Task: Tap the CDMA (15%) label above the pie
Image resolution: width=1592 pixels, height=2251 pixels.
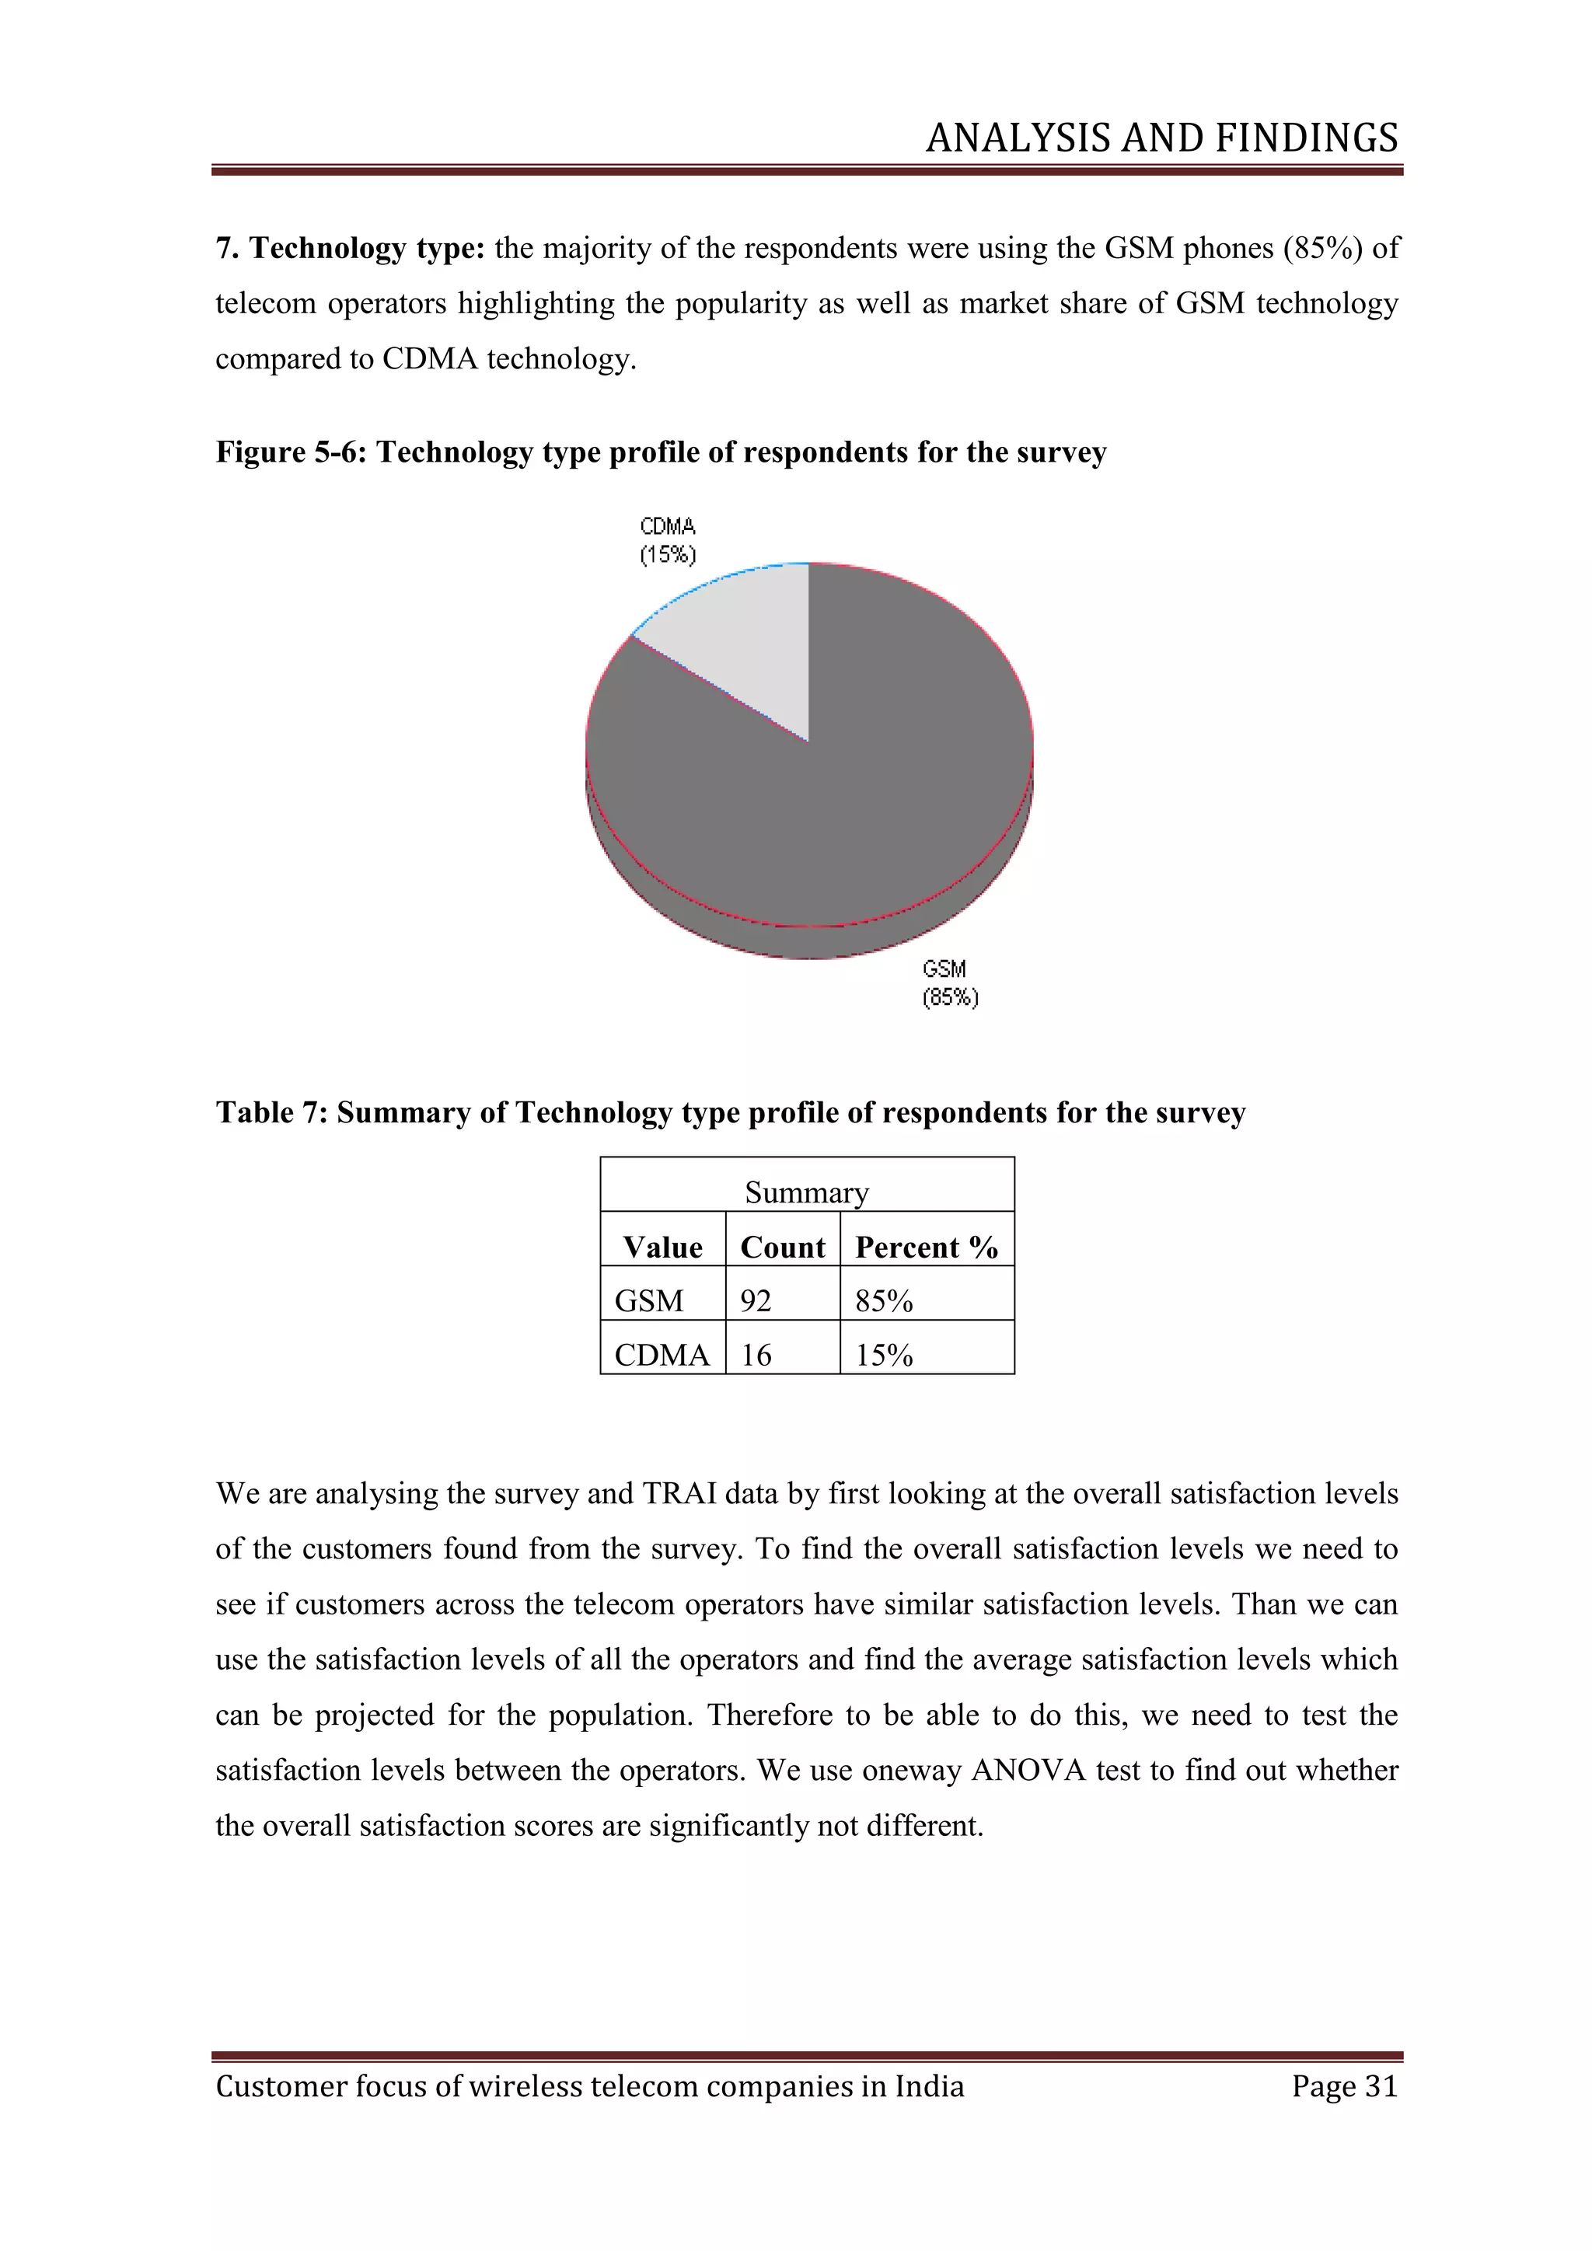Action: (668, 540)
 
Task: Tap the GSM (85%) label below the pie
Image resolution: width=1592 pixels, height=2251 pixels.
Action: (950, 983)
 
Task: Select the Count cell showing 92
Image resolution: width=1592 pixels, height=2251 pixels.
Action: (756, 1301)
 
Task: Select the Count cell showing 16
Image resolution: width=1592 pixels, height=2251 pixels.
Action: (756, 1355)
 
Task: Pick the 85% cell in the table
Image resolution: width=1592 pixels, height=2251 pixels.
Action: (884, 1301)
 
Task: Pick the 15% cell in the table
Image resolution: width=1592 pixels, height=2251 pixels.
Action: (884, 1355)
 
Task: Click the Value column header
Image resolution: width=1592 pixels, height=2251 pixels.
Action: (662, 1247)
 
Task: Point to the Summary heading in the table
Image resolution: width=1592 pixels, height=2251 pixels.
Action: (807, 1192)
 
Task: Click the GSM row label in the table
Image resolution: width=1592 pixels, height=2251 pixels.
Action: (649, 1301)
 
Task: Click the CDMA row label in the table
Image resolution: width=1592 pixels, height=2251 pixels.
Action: (662, 1355)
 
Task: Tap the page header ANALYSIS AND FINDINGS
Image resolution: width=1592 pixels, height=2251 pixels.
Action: (1161, 138)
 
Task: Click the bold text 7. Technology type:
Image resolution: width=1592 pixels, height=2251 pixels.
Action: (351, 248)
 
